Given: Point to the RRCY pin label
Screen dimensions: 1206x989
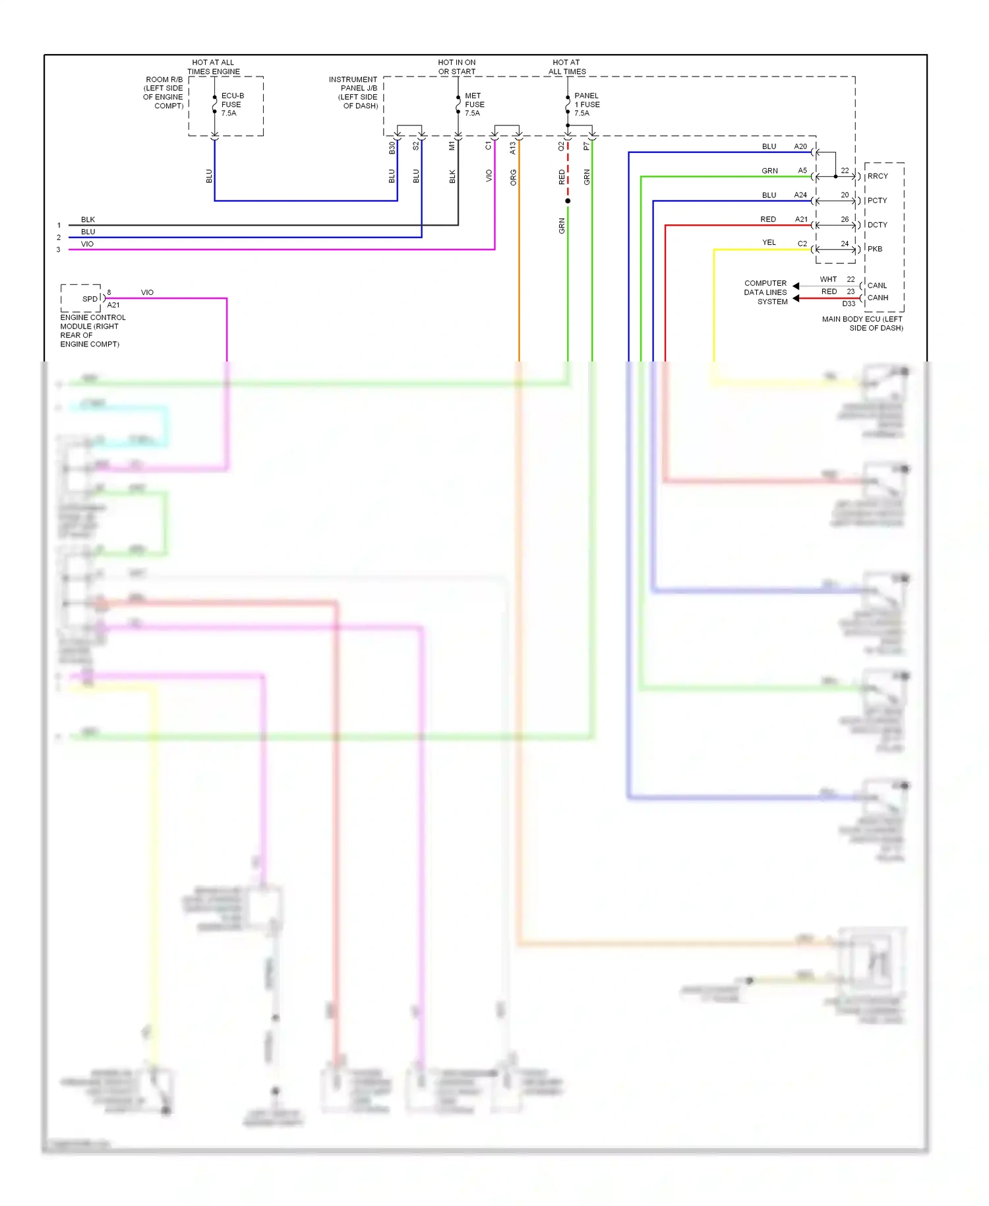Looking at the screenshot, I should (878, 176).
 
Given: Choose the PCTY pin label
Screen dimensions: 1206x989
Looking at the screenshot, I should (877, 201).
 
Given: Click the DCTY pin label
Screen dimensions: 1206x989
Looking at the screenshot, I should (877, 225).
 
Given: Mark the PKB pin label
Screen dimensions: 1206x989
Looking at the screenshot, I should (874, 249).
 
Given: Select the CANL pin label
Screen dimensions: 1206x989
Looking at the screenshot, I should (877, 286).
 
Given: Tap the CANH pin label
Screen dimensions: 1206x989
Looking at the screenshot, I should (878, 298).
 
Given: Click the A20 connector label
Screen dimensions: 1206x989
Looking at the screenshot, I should (800, 146).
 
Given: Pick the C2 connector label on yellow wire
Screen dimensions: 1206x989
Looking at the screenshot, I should (802, 243).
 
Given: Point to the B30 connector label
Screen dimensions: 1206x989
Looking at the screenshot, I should (392, 148).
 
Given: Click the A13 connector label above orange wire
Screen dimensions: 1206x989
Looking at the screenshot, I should (513, 148).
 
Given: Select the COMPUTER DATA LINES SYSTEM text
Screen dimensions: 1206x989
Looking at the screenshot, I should (765, 292).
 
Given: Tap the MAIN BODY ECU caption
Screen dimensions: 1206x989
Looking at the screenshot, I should (862, 323).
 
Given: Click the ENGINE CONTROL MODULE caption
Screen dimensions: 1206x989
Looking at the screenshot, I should (92, 331).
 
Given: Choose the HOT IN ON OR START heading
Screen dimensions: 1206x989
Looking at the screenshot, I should (457, 67).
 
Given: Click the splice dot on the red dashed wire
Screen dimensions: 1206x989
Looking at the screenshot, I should (568, 201).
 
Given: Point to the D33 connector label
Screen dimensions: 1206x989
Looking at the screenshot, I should (849, 304).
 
